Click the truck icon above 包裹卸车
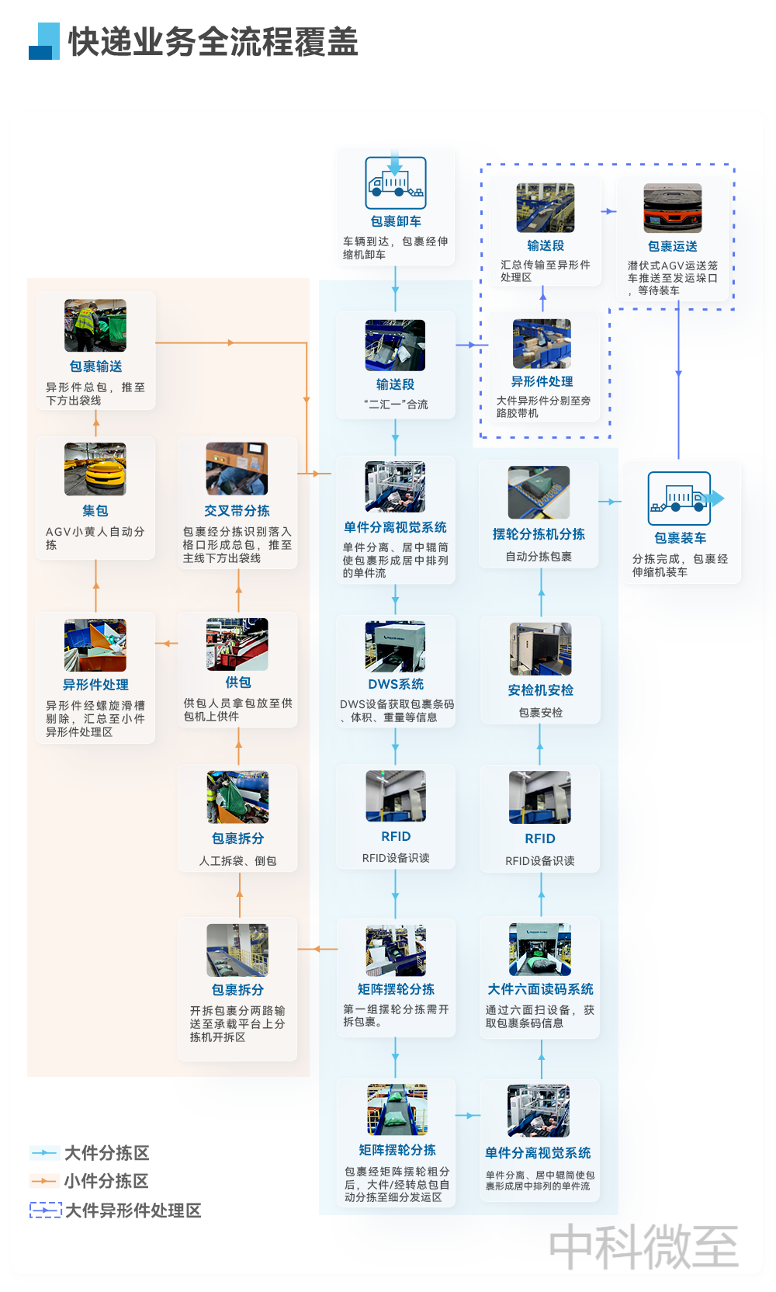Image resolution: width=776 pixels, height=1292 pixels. pos(396,182)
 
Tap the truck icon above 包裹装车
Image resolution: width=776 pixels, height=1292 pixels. pos(684,498)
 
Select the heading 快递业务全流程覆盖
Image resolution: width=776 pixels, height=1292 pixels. pos(213,41)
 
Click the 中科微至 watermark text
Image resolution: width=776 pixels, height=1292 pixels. pos(643,1246)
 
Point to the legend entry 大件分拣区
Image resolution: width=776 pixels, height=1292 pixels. pos(90,1153)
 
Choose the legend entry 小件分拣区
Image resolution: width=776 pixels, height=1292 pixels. pos(90,1181)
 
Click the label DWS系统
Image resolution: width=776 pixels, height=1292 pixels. pos(396,684)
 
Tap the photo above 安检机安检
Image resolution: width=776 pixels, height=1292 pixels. pos(541,649)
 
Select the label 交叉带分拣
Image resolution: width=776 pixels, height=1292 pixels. pos(237,510)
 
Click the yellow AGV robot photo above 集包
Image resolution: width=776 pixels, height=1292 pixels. pos(95,469)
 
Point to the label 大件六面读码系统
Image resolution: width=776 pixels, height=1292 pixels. pos(541,989)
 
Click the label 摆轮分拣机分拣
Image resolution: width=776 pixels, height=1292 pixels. pos(539,534)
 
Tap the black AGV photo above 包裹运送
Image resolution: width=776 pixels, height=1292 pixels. pos(673,207)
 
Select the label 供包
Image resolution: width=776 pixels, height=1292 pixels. pos(238,682)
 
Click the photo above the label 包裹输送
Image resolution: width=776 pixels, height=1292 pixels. pos(95,325)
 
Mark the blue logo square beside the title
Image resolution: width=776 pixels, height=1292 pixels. pos(44,41)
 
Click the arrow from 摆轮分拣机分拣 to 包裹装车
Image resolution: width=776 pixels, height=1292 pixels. pos(610,502)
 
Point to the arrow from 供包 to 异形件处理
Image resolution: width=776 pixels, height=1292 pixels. pos(167,643)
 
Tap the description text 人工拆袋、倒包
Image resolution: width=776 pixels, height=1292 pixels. pos(238,860)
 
